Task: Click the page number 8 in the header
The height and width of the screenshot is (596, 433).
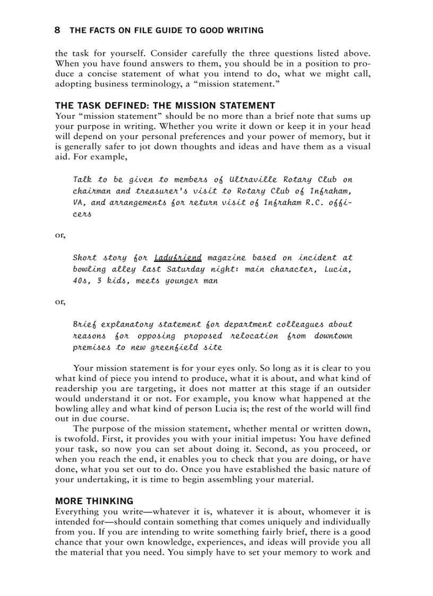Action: (x=57, y=30)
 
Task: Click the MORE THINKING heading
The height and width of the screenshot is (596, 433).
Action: (x=94, y=501)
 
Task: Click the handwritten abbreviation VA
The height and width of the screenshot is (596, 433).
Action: (x=80, y=203)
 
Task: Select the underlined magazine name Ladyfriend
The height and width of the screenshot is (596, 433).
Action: (x=178, y=258)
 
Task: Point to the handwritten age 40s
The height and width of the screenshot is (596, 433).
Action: (x=81, y=281)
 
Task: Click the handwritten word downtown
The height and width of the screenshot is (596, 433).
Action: (x=333, y=336)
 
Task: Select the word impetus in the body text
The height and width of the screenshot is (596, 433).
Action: (x=271, y=439)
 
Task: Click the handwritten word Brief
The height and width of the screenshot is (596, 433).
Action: (x=84, y=324)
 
